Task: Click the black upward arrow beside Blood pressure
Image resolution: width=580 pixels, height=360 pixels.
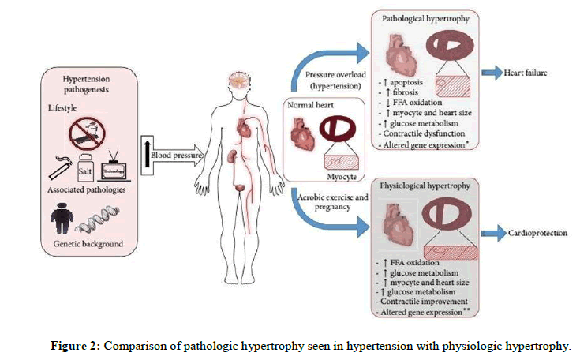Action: pos(146,156)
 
